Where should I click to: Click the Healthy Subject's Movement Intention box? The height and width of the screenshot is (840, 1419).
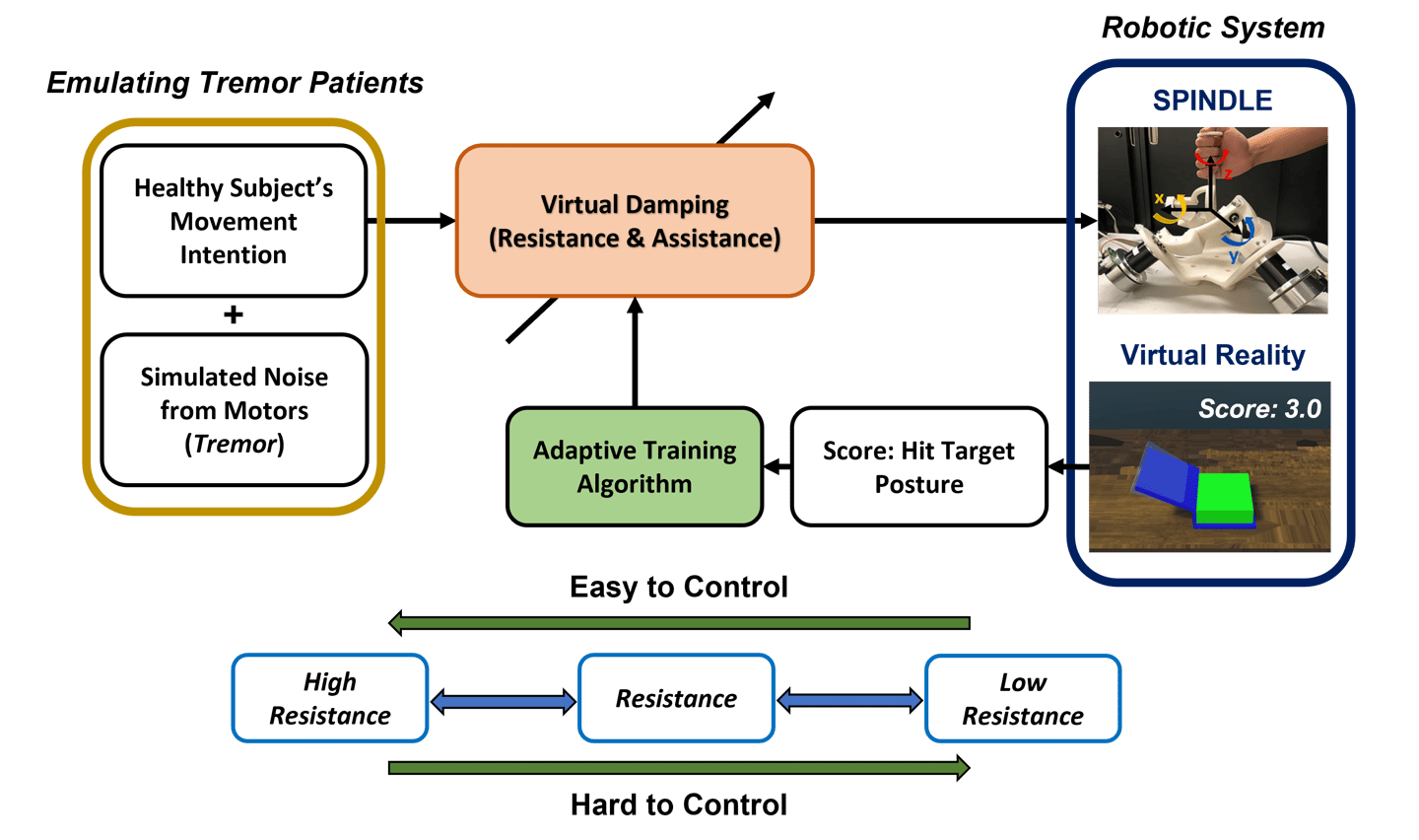pos(234,221)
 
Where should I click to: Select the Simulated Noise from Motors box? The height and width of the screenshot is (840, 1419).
pos(234,410)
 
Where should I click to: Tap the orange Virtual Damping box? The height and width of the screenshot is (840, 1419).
pos(635,221)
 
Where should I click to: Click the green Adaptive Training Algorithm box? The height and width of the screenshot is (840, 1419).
pos(635,466)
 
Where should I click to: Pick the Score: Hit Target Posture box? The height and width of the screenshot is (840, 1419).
pos(918,466)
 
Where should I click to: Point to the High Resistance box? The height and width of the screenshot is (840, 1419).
pos(330,698)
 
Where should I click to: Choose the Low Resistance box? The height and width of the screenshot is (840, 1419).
pos(1023,698)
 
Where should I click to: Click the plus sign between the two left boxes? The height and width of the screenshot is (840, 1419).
pos(234,315)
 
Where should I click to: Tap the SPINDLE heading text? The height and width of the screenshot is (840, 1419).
pos(1212,101)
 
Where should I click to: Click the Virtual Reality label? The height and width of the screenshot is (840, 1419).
pos(1212,355)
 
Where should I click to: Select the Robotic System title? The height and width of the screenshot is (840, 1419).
pos(1213,28)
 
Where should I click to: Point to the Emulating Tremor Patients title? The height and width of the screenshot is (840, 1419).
pos(235,83)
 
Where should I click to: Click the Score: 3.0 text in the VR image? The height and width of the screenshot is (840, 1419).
pos(1259,409)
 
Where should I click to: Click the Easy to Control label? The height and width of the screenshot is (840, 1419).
pos(678,587)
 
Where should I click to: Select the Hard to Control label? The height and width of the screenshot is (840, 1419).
pos(678,805)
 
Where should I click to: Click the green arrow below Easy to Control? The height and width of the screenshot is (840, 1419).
pos(679,623)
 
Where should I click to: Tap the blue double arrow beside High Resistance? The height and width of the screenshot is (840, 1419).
pos(504,701)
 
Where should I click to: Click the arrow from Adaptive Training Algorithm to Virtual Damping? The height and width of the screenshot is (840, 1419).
pos(635,352)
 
